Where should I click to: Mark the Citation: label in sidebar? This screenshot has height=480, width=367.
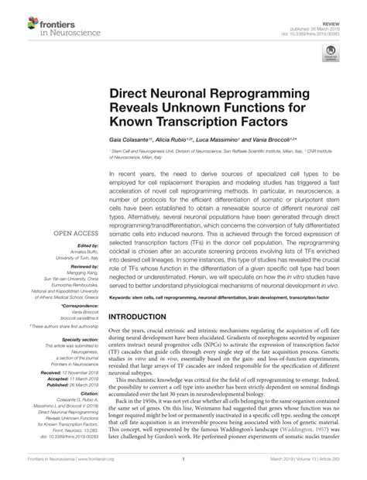coord(82,394)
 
